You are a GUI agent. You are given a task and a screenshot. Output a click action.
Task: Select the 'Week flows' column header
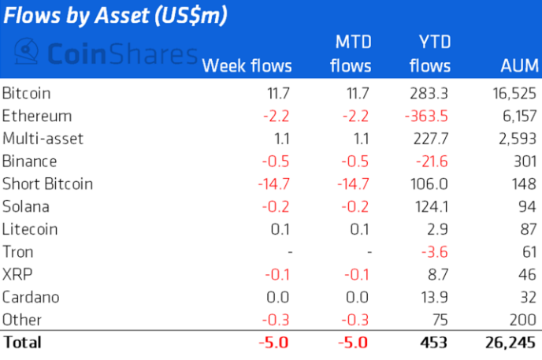247,65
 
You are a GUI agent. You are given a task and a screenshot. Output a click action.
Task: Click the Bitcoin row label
28,93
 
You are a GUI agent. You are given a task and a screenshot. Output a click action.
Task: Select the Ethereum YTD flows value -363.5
425,116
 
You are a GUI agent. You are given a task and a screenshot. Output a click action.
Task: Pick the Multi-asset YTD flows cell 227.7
429,139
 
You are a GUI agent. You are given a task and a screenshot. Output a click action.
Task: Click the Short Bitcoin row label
48,184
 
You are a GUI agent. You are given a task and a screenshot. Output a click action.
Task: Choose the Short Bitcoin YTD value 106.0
429,184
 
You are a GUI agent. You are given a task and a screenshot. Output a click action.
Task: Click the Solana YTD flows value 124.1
429,206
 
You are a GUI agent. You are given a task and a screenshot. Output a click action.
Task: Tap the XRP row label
17,275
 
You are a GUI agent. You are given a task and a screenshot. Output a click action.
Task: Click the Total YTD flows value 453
433,343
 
